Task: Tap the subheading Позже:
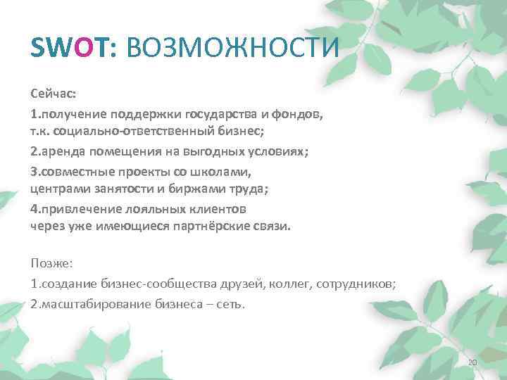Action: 56,263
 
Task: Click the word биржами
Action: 168,189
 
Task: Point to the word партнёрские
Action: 222,227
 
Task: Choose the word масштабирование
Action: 89,303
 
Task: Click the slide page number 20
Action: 472,362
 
